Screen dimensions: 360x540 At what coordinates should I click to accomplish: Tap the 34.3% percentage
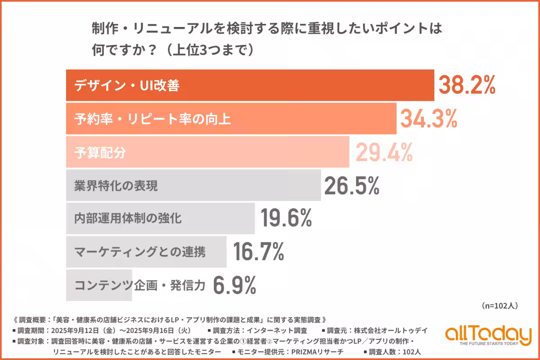coord(428,119)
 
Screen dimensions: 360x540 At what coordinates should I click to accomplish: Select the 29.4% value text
coord(384,153)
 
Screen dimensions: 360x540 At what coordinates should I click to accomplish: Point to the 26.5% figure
coord(351,185)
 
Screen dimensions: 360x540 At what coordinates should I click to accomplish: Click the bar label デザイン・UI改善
coord(127,85)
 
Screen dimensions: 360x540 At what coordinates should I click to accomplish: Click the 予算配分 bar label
coord(100,153)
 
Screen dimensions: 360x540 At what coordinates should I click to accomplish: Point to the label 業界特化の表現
coord(116,186)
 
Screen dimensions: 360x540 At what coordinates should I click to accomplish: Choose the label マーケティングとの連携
coord(139,252)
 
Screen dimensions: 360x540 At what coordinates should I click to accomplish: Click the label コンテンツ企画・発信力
coord(139,285)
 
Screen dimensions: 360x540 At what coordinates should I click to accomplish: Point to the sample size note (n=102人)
coord(499,306)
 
